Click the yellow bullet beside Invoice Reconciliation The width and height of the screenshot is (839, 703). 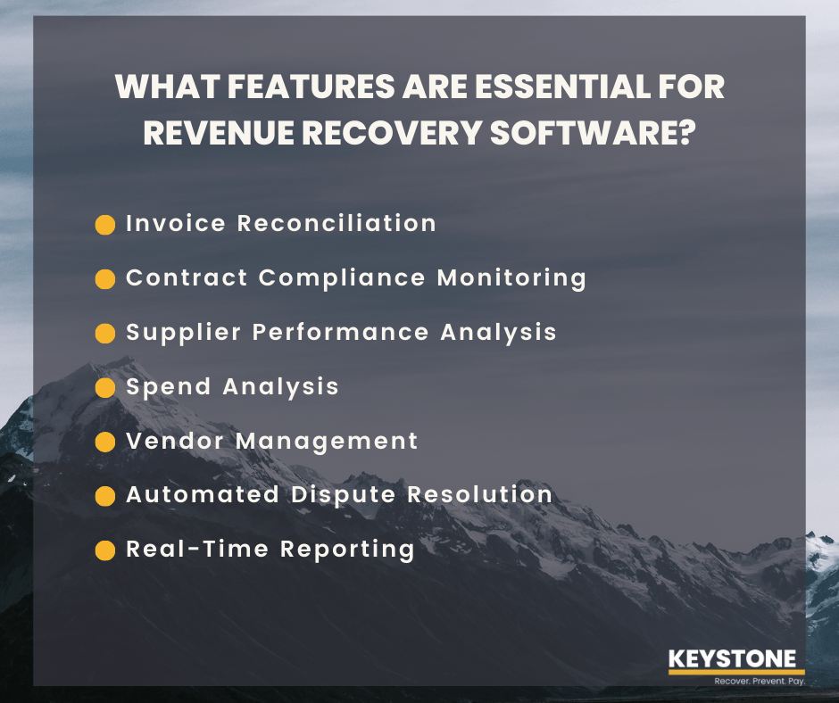(x=105, y=224)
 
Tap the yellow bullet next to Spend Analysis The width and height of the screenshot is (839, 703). (x=105, y=387)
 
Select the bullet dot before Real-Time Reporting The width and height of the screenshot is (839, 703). (x=105, y=550)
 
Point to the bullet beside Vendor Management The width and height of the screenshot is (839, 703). (x=105, y=442)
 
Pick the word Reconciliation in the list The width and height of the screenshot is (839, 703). (x=336, y=223)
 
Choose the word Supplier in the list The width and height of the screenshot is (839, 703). (x=184, y=332)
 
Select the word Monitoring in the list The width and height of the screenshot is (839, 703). (x=511, y=277)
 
